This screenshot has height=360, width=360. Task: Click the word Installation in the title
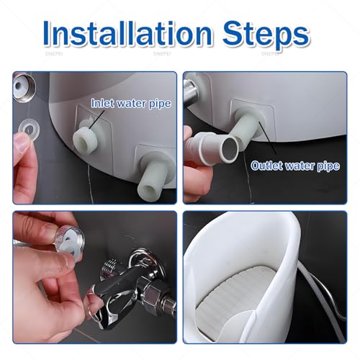coord(127,33)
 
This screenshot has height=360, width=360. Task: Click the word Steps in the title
coord(266,35)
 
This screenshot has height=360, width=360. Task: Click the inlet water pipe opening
coord(85,141)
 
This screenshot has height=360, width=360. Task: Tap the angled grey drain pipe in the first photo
coord(157,175)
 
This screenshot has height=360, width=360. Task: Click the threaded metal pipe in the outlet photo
coord(191,89)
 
